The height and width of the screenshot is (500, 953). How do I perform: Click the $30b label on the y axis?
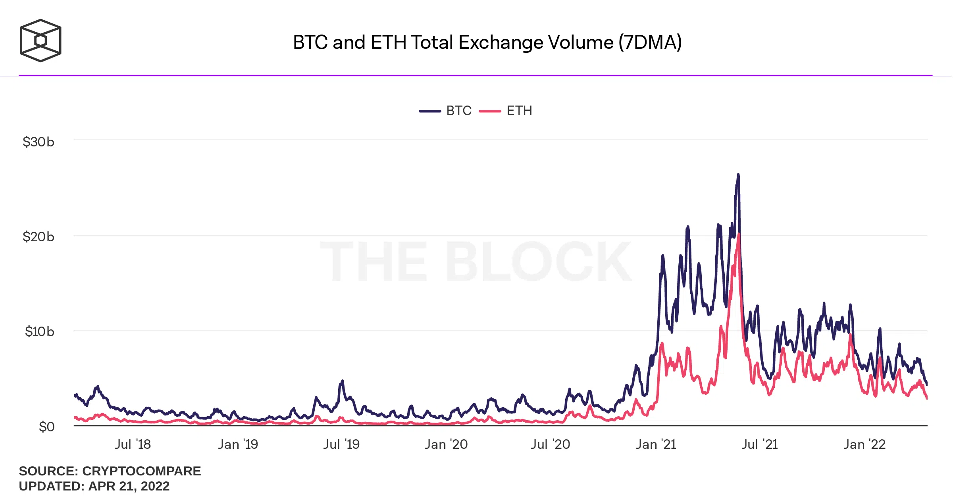[x=38, y=142]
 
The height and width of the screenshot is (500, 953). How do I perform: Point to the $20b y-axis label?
[x=38, y=237]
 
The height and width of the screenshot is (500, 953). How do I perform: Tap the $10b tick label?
[x=39, y=331]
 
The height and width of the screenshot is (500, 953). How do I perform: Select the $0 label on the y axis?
[x=46, y=427]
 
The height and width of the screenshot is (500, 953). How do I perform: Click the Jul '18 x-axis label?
[x=133, y=444]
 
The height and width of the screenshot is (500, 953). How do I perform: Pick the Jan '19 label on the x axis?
[x=238, y=444]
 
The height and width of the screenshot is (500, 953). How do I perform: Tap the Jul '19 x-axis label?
[x=341, y=444]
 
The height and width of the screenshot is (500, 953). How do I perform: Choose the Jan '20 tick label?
[x=446, y=444]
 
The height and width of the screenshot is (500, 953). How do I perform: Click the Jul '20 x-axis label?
[x=551, y=444]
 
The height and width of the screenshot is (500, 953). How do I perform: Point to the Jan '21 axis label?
[x=656, y=444]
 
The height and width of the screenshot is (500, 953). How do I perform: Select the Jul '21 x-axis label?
[x=759, y=444]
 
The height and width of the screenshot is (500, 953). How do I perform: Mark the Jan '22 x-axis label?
[x=864, y=444]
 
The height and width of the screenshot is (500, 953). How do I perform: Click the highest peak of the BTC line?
[x=738, y=174]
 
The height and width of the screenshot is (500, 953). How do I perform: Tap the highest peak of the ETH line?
[x=739, y=234]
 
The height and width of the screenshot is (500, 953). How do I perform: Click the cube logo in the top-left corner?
[x=40, y=40]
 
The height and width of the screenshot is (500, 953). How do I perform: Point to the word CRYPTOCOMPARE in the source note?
[x=141, y=471]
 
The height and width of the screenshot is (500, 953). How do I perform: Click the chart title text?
[x=487, y=42]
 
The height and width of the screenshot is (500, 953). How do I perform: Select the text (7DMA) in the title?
[x=650, y=42]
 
